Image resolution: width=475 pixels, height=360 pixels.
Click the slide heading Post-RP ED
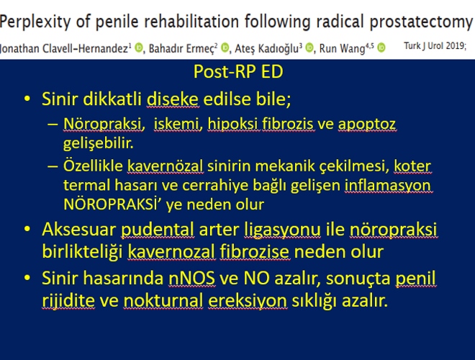click(238, 71)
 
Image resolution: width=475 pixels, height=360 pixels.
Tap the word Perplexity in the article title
click(35, 22)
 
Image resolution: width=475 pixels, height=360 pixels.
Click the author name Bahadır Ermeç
click(183, 48)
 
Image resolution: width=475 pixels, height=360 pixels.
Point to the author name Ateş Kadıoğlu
click(268, 48)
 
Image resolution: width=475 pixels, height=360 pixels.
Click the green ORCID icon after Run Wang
click(381, 48)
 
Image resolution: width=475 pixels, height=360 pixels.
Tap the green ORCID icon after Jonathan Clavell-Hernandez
click(138, 48)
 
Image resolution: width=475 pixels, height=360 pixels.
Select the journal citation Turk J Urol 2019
click(435, 46)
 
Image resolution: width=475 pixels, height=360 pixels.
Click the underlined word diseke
click(173, 99)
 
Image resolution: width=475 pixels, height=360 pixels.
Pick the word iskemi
click(178, 124)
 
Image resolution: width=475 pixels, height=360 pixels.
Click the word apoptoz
click(367, 125)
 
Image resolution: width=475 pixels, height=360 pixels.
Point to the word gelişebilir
click(98, 143)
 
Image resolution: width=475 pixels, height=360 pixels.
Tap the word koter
click(412, 166)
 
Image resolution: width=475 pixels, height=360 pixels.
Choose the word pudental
click(158, 230)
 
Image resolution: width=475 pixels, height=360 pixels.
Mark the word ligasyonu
click(282, 230)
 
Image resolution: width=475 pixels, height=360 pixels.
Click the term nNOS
click(191, 278)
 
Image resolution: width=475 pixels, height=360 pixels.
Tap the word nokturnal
click(163, 301)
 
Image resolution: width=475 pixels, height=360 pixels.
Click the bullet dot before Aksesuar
click(27, 229)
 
